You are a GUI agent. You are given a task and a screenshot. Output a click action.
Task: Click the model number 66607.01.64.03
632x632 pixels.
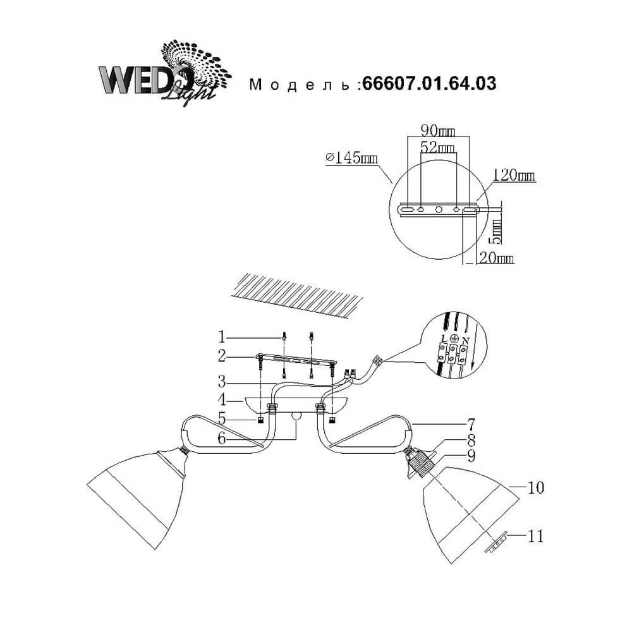pos(429,83)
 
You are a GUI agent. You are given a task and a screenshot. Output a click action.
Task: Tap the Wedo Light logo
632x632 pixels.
pos(165,73)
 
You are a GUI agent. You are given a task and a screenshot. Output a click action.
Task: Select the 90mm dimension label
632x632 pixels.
pos(438,131)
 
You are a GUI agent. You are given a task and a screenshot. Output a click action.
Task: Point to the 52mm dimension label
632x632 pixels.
pos(438,147)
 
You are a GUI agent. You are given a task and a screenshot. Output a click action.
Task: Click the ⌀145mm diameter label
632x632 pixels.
pos(351,157)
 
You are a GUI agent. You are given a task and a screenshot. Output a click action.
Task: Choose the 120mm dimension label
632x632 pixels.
pos(513,175)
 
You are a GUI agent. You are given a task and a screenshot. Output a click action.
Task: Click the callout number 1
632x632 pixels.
pos(221,337)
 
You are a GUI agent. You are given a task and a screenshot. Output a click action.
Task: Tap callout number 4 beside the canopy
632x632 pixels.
pos(222,400)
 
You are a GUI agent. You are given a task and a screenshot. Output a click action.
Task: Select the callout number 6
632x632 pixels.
pos(222,439)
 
